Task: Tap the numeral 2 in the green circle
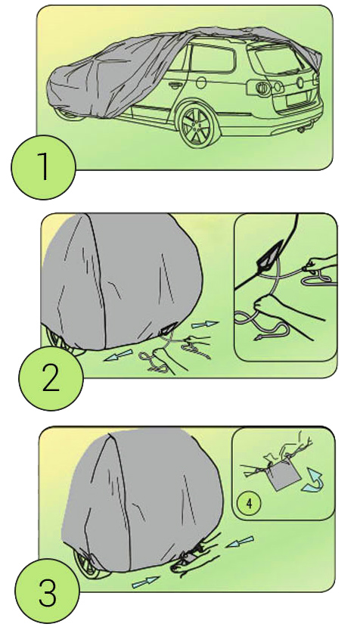click(51, 380)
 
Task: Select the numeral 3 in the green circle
click(48, 594)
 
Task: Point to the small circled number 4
click(249, 503)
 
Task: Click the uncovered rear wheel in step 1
click(196, 124)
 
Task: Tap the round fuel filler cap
click(201, 82)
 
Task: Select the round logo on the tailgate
click(301, 82)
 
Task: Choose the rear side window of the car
click(212, 58)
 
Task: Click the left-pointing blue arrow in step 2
click(118, 355)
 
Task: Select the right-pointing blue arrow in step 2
click(205, 324)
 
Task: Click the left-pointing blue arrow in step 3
click(239, 542)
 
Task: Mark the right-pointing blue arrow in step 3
click(146, 582)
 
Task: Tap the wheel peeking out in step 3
click(90, 563)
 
